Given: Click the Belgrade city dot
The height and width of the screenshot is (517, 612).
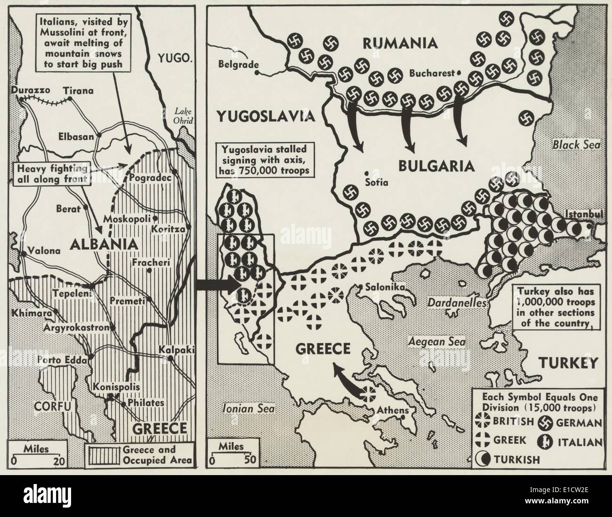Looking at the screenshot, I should [257, 73].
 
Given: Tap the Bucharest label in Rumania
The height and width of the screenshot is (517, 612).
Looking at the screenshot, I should [430, 73].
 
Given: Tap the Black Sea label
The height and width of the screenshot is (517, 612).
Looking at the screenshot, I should [576, 145].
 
